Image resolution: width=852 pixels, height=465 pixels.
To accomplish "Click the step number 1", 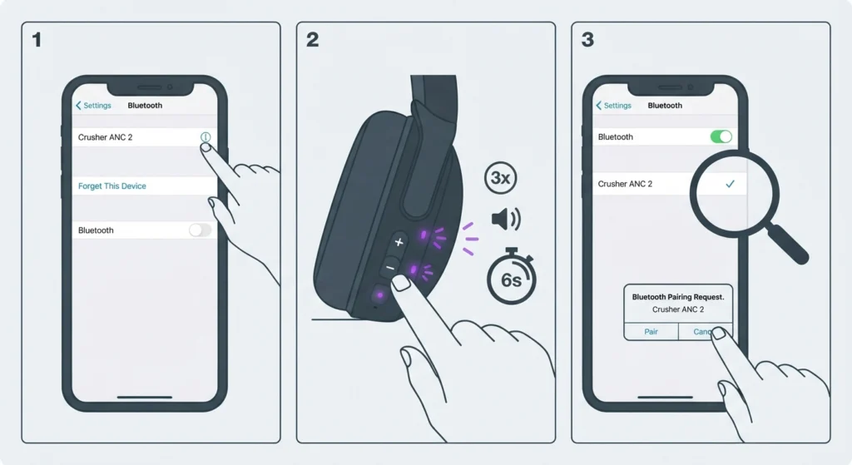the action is coord(37,40).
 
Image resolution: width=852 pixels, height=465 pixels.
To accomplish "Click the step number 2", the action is coord(313,40).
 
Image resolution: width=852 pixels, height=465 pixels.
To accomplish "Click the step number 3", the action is coord(587,40).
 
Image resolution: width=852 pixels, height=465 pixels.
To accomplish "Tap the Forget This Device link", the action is coord(112,186).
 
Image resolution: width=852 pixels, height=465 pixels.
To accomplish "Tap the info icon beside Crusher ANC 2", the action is coord(206,137).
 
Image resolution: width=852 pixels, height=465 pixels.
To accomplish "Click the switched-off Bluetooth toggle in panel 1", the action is coord(200,230).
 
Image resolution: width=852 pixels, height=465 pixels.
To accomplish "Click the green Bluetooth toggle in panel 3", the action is coord(721,136).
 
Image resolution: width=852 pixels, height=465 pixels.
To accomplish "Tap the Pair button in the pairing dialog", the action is coord(651,331).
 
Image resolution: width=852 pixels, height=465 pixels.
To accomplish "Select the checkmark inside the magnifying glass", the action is coord(730,184).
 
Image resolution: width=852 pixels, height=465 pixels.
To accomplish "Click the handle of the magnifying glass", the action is coord(787,244).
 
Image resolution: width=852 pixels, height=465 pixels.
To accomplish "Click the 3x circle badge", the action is coord(500,178).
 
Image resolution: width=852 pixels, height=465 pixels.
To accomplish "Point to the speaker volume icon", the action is coord(506,219).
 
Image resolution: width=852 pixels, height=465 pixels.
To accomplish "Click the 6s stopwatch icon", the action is coord(512,276).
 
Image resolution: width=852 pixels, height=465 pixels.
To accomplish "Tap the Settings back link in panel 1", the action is coord(93,106).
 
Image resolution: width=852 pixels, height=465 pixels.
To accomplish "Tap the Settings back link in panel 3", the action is coord(613,106).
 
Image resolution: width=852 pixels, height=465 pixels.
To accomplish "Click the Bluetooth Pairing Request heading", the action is coord(678,297).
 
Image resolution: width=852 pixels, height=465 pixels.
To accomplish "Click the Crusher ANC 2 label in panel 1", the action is coord(106,137).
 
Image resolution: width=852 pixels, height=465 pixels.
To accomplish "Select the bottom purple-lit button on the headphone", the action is coord(379,295).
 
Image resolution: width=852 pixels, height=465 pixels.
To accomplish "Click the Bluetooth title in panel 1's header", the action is coord(145,106).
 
